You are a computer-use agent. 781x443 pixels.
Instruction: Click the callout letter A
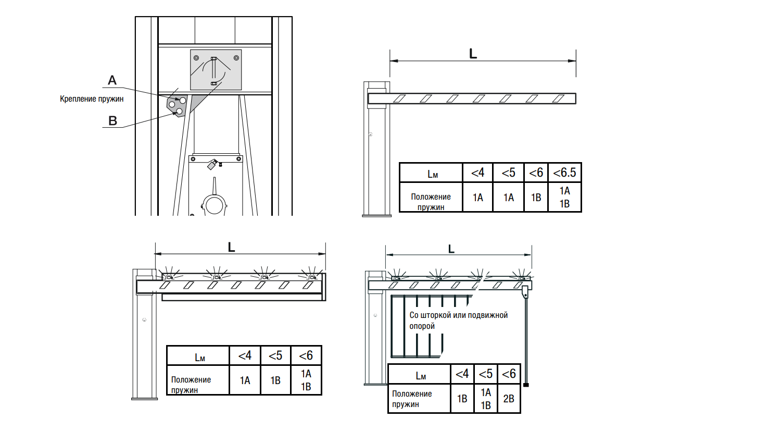(x=112, y=80)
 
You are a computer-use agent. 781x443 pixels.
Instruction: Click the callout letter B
(x=112, y=121)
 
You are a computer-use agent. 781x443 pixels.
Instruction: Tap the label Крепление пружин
(x=92, y=99)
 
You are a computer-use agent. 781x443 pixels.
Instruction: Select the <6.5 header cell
(x=564, y=173)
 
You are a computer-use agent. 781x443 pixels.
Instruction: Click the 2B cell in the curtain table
(x=509, y=399)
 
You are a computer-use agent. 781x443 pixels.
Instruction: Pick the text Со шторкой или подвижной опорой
(x=459, y=321)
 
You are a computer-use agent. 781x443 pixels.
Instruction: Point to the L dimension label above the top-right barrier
(x=473, y=54)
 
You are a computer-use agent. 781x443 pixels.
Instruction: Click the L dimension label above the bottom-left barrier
(x=232, y=248)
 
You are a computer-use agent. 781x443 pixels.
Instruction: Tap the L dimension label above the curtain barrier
(x=451, y=249)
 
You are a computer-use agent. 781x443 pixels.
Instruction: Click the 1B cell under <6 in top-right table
(x=536, y=197)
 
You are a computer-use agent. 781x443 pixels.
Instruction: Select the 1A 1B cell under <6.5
(x=564, y=197)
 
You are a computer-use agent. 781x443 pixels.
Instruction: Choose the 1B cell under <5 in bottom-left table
(x=275, y=380)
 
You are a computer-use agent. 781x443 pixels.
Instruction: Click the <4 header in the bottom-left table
(x=245, y=356)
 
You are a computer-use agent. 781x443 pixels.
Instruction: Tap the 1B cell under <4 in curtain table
(x=462, y=399)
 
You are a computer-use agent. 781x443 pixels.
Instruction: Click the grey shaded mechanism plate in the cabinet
(x=216, y=70)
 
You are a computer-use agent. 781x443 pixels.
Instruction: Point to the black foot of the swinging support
(x=526, y=385)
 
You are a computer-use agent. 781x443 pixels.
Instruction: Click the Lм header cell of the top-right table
(x=431, y=173)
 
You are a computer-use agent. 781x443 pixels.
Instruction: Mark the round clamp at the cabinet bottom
(x=214, y=205)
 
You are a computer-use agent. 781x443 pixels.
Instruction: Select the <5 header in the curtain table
(x=486, y=374)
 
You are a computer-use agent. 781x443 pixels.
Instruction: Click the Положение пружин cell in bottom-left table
(x=198, y=380)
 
